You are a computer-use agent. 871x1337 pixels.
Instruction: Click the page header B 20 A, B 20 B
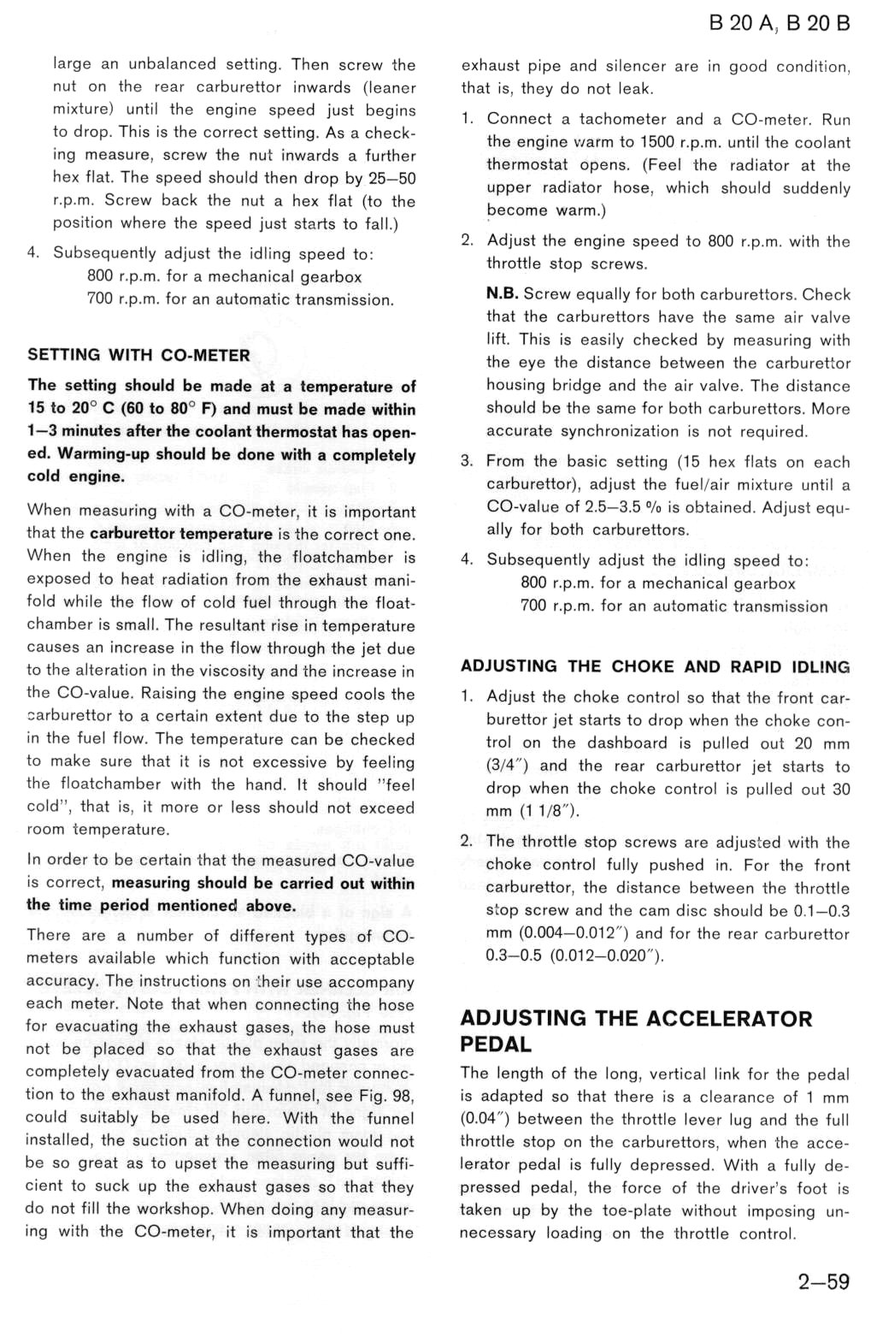[779, 23]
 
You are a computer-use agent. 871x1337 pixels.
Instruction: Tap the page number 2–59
[824, 1281]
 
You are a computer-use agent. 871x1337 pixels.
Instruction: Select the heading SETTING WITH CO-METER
[138, 355]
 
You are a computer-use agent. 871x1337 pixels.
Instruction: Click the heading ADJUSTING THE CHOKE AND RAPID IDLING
[655, 666]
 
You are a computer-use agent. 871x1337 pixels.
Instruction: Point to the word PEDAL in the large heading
[496, 1044]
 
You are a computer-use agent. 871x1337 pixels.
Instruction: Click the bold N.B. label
[502, 293]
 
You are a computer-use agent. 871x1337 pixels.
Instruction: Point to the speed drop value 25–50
[392, 178]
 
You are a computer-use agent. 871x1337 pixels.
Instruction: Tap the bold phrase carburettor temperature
[180, 534]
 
